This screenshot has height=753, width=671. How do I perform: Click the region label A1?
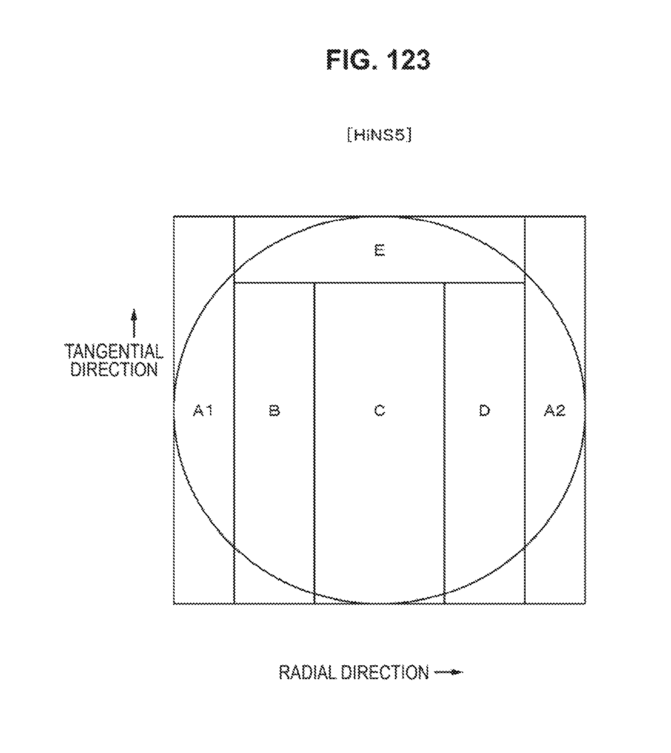point(203,411)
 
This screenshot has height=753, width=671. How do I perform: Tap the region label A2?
point(554,411)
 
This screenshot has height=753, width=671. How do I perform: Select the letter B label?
point(274,411)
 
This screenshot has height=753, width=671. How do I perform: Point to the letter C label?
point(379,411)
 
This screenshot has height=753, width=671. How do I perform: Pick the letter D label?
point(484,411)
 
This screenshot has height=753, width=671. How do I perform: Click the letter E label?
point(379,251)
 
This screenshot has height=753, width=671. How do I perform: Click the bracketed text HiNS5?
point(379,135)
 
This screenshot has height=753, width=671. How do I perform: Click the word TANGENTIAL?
point(114,352)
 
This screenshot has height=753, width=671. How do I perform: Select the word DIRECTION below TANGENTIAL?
point(114,370)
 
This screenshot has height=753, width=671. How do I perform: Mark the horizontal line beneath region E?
point(379,283)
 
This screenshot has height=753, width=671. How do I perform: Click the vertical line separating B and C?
point(314,442)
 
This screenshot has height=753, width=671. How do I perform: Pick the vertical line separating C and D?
point(444,442)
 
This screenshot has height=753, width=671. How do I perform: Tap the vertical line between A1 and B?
point(234,442)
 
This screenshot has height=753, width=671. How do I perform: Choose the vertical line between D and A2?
point(525,442)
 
